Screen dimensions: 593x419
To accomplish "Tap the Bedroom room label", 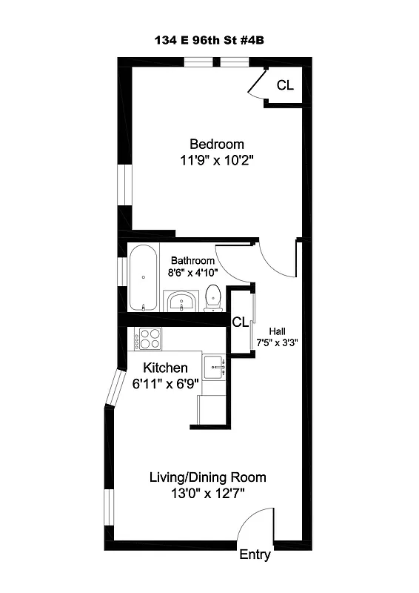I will pyautogui.click(x=217, y=144).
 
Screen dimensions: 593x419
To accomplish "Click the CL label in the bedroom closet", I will pyautogui.click(x=285, y=85).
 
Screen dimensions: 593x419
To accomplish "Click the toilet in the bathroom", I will pyautogui.click(x=213, y=298).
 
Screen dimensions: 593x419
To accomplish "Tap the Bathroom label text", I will pyautogui.click(x=192, y=261).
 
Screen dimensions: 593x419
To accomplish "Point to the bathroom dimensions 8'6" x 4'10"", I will pyautogui.click(x=192, y=272).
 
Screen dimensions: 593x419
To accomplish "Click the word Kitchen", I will pyautogui.click(x=165, y=368).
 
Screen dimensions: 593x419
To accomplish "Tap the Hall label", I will pyautogui.click(x=277, y=331).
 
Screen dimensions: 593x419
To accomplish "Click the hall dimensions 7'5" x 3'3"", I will pyautogui.click(x=277, y=342).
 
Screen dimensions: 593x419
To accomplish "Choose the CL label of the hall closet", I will pyautogui.click(x=240, y=322).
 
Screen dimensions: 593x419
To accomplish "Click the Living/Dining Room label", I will pyautogui.click(x=208, y=477).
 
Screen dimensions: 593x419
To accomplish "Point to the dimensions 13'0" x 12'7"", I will pyautogui.click(x=208, y=493).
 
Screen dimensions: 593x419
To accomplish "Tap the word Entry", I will pyautogui.click(x=255, y=555).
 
